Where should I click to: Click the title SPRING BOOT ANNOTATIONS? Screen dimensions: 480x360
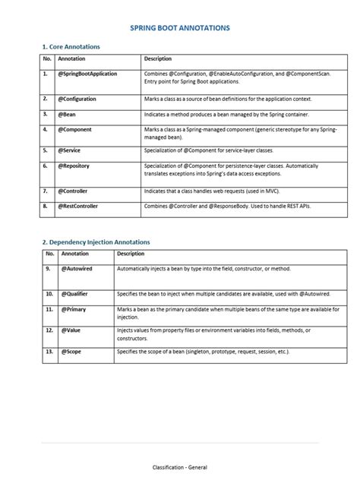coord(180,27)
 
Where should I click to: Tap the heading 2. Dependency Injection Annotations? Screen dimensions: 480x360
coord(96,242)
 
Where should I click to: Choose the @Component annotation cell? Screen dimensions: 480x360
coord(75,130)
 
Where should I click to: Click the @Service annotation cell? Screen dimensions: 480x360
coord(70,150)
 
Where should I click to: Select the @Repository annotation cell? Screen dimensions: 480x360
coord(74,165)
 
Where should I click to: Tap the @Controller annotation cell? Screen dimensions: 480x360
coord(74,191)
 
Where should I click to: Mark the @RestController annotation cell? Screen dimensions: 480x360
coord(79,206)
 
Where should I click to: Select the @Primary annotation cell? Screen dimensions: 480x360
coord(71,310)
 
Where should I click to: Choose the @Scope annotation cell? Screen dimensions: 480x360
coord(69,353)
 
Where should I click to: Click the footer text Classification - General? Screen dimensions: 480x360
coord(179,468)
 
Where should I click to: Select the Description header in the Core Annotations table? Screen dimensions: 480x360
coord(158,58)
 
